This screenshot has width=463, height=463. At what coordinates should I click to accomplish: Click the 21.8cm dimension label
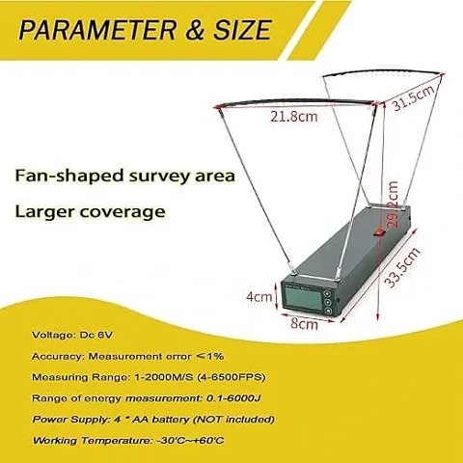(x=293, y=116)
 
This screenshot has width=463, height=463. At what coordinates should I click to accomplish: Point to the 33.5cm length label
(x=402, y=267)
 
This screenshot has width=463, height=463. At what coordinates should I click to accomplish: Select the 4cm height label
(x=259, y=296)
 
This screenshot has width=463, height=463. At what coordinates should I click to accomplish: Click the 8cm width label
(x=304, y=324)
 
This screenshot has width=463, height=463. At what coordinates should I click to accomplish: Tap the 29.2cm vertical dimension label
(x=393, y=204)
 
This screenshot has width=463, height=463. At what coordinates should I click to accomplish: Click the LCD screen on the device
(x=302, y=299)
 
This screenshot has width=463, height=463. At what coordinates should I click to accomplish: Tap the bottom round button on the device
(x=328, y=311)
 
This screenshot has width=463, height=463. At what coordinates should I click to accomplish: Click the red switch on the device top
(x=379, y=232)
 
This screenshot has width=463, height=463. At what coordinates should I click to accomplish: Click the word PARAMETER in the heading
(x=97, y=30)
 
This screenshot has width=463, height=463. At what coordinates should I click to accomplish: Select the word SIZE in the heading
(x=242, y=30)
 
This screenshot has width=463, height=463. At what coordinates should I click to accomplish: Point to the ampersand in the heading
(x=195, y=30)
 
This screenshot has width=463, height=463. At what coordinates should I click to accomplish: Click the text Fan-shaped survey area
(x=125, y=176)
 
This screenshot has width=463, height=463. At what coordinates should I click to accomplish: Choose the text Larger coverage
(x=90, y=211)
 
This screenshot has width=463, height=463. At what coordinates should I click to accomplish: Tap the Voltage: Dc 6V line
(x=72, y=335)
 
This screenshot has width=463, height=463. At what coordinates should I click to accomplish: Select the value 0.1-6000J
(x=233, y=398)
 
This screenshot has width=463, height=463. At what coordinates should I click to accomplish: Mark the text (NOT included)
(x=234, y=420)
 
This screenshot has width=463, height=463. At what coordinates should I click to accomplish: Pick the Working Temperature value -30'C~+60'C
(x=190, y=440)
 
